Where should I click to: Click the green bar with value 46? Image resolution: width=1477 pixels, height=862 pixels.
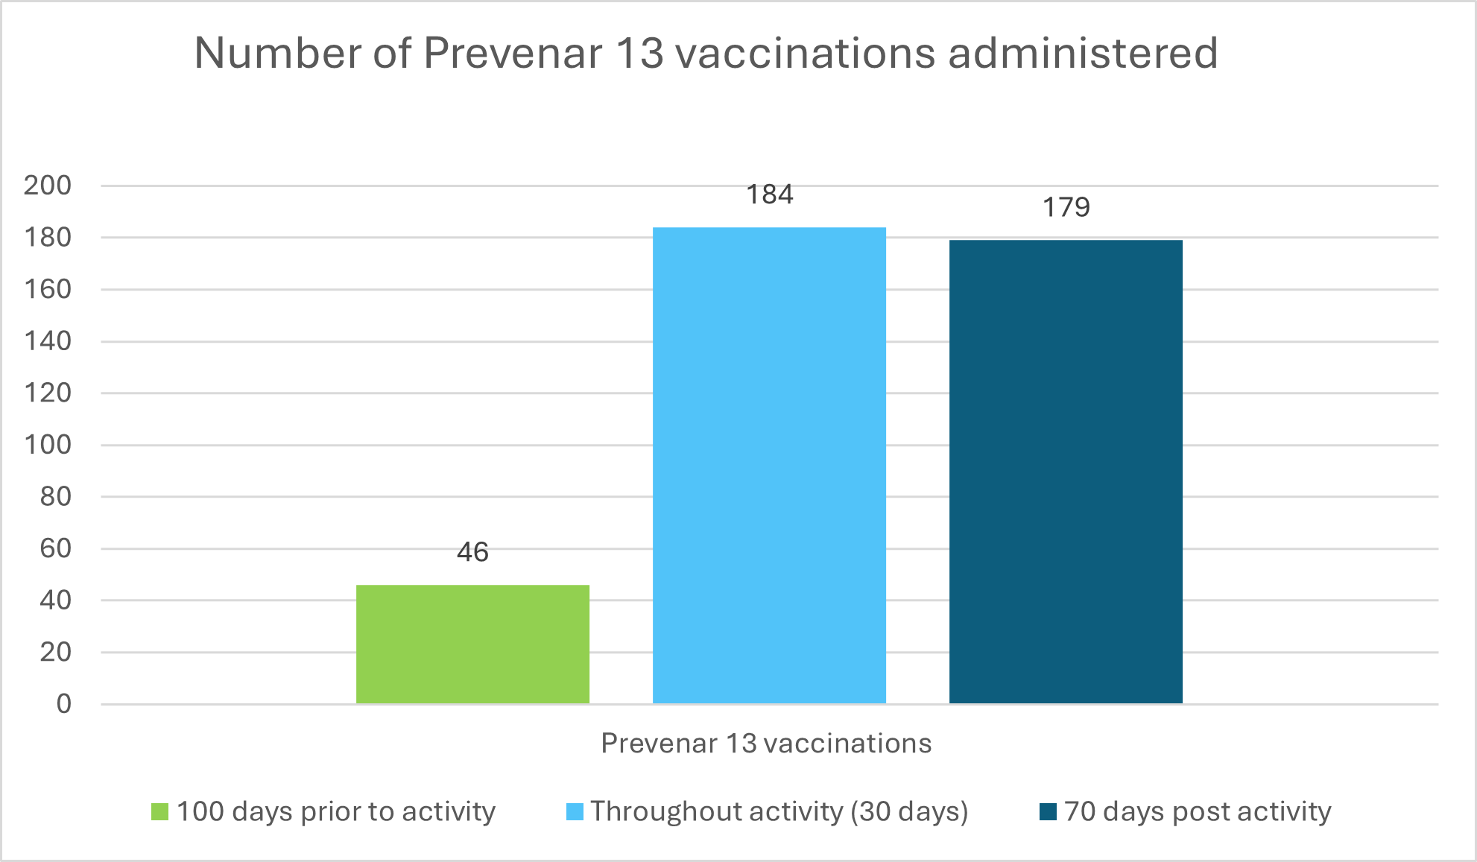[x=472, y=644]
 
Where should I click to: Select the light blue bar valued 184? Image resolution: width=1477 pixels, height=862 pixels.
[x=769, y=465]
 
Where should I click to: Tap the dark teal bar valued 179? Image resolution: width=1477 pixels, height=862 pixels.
[x=1066, y=472]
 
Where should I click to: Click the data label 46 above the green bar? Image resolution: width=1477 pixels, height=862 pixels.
[x=472, y=552]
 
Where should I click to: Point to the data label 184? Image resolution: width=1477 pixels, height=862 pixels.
[x=770, y=194]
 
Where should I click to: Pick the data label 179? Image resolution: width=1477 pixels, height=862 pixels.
[x=1066, y=207]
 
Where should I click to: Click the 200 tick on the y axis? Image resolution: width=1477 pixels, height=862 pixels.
[x=48, y=185]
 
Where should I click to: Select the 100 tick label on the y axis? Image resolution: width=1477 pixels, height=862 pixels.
[x=48, y=444]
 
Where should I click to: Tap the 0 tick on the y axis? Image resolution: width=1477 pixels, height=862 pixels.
[x=64, y=703]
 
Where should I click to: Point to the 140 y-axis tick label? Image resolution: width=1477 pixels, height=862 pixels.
[x=48, y=340]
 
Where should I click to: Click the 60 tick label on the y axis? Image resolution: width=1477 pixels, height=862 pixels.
[x=56, y=548]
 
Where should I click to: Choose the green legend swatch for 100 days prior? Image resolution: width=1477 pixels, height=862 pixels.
[x=159, y=811]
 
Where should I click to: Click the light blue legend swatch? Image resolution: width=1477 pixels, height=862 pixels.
[x=575, y=811]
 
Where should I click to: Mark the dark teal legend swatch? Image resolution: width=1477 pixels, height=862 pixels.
[x=1048, y=811]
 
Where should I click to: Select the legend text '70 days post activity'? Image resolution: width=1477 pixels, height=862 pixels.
[x=1198, y=811]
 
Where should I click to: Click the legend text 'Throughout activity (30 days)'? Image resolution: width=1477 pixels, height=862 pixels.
[x=779, y=811]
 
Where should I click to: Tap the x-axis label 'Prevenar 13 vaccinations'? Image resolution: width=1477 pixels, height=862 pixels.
[x=766, y=744]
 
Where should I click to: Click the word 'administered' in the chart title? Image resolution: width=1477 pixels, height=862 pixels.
[x=1083, y=53]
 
